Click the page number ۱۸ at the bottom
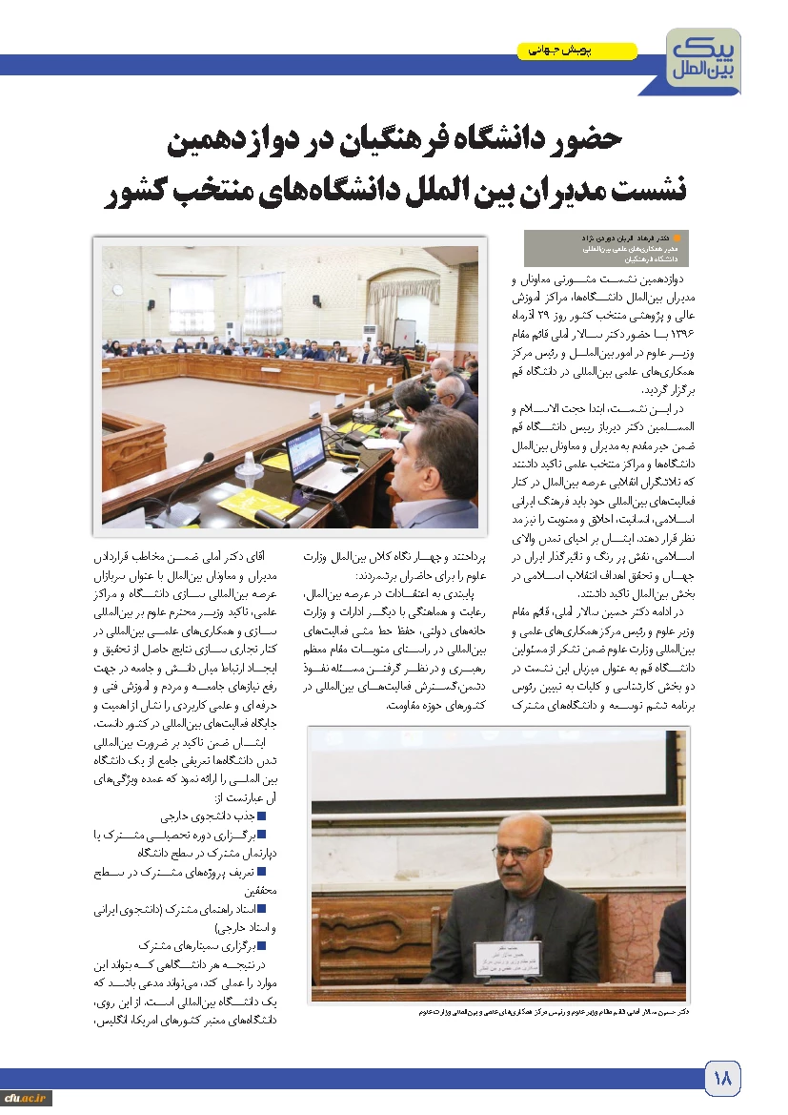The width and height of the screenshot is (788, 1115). pyautogui.click(x=721, y=1080)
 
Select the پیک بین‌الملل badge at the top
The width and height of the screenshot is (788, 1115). pyautogui.click(x=704, y=60)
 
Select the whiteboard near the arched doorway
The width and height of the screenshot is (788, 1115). pyautogui.click(x=404, y=328)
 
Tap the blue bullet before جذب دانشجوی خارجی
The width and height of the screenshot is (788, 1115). pyautogui.click(x=260, y=816)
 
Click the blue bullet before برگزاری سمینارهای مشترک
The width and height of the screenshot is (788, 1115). pyautogui.click(x=260, y=944)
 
